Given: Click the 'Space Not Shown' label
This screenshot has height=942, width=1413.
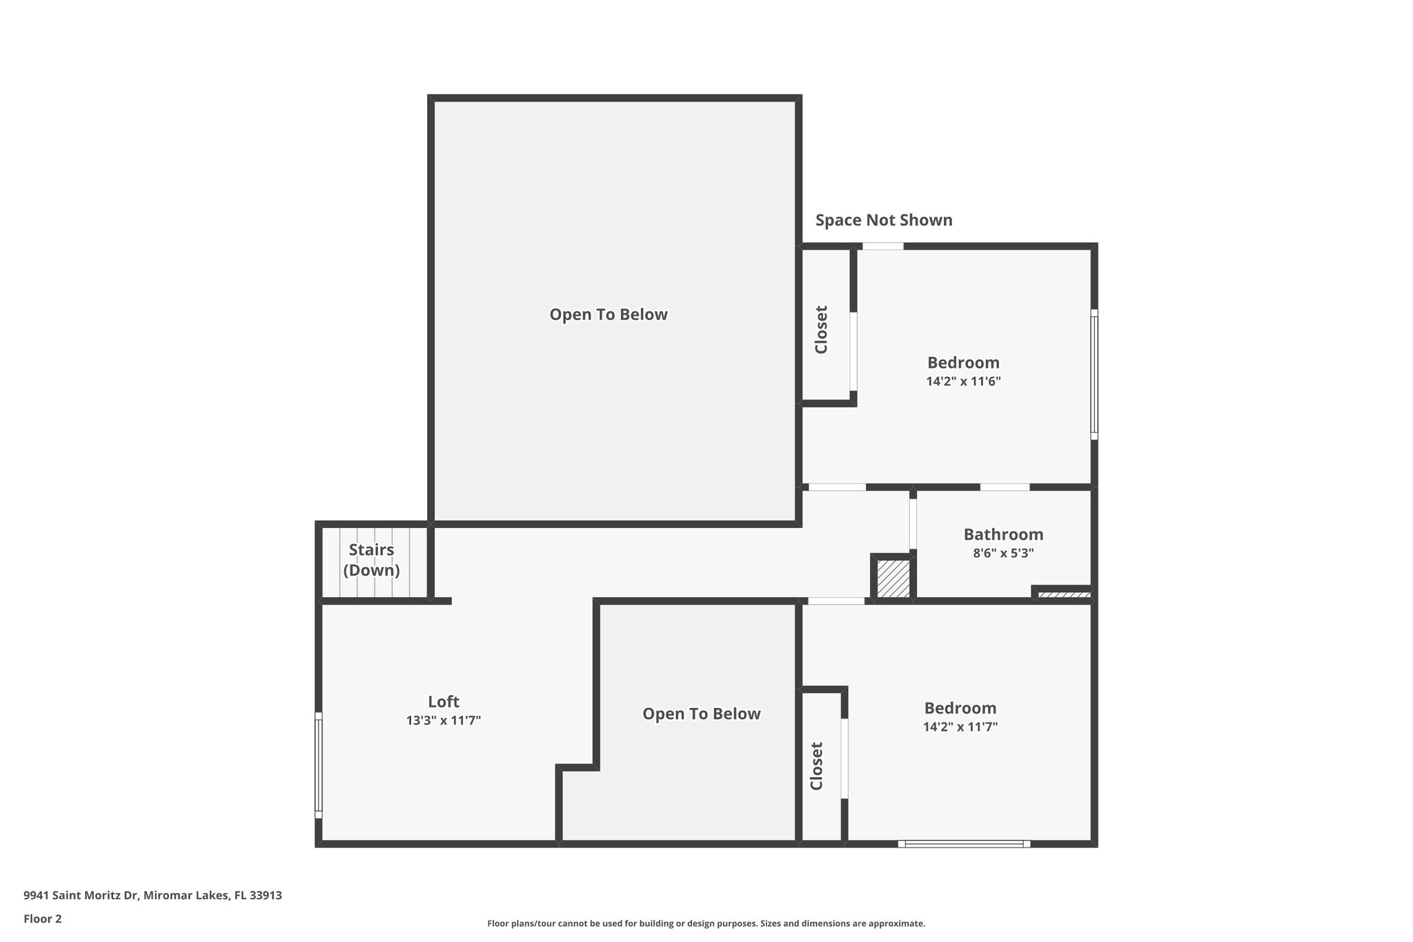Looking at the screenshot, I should [x=884, y=220].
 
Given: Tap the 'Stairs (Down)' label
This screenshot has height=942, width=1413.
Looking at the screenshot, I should [x=371, y=560].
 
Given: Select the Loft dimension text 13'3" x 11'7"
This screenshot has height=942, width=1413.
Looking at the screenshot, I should [x=444, y=720].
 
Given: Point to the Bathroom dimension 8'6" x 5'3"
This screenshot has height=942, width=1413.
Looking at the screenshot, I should [x=1003, y=553].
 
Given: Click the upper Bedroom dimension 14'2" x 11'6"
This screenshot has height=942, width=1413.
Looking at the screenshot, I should [x=963, y=381].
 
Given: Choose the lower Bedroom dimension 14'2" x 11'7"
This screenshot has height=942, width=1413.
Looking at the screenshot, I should [x=960, y=727].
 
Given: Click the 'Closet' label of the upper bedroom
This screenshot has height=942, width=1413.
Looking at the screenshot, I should [x=821, y=330].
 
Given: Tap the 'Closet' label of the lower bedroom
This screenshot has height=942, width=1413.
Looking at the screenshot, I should [x=817, y=766].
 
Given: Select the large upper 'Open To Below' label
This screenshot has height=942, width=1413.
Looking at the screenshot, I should [x=609, y=315].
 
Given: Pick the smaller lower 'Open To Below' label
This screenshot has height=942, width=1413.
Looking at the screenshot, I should [x=701, y=714].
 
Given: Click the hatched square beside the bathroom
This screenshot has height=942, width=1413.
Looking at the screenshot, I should [x=893, y=578].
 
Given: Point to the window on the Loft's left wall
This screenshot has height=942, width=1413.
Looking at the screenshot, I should [x=319, y=765].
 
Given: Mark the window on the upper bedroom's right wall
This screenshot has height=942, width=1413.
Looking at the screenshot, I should [x=1094, y=374].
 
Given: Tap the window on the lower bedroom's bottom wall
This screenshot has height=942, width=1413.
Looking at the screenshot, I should [x=964, y=843].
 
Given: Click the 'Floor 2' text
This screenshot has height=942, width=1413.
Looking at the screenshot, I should [x=43, y=919].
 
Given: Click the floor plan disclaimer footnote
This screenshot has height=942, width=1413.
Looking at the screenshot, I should [x=706, y=923].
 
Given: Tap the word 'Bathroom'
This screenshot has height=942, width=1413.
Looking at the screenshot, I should [x=1003, y=534].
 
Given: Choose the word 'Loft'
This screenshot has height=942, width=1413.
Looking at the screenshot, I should [x=444, y=702].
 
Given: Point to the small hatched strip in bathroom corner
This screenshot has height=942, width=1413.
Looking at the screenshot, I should [x=1065, y=594].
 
